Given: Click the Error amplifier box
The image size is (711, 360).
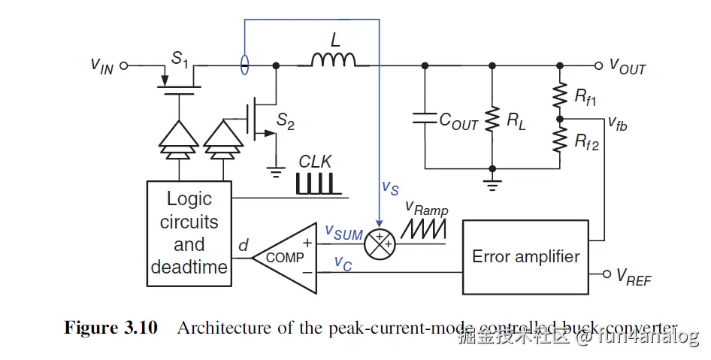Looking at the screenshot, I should (525, 257).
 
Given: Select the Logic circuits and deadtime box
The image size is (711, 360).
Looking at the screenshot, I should (189, 233).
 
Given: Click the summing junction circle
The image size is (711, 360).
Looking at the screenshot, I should (379, 242).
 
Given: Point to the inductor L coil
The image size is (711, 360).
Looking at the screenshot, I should (334, 60).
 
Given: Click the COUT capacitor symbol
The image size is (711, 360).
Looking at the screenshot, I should (425, 117).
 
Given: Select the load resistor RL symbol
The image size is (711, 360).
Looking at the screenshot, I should (492, 117).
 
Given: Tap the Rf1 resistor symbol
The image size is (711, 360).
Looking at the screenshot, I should (559, 95).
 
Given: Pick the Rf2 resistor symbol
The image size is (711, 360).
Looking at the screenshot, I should (559, 139).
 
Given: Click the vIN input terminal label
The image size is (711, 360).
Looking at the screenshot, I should (102, 65).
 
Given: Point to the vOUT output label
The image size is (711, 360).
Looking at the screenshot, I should (628, 67).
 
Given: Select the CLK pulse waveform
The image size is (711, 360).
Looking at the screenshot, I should (313, 183).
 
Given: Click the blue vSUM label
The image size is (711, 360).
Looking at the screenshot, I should (343, 233).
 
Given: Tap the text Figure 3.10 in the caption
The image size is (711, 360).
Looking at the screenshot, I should (110, 328).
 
